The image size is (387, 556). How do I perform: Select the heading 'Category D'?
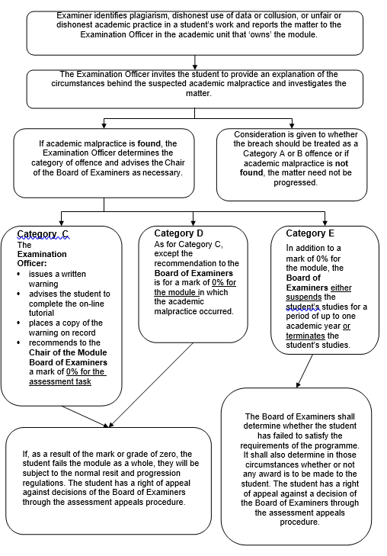(179, 233)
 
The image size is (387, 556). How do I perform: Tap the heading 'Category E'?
(310, 233)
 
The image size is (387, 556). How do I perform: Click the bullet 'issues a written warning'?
(57, 278)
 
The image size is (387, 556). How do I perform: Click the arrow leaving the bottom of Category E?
(304, 371)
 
